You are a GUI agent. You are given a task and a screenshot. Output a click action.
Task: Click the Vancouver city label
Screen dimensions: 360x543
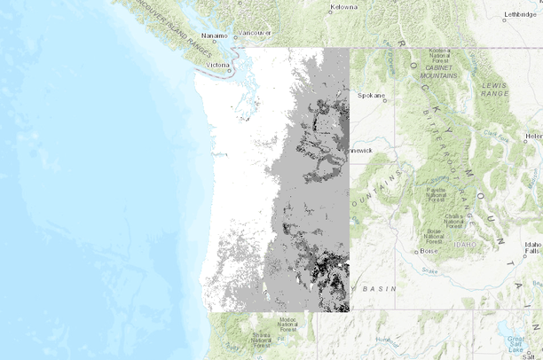255,33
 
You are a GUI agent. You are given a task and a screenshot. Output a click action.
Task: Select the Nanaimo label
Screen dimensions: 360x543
215,36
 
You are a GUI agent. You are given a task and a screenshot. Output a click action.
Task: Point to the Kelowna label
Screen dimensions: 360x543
343,7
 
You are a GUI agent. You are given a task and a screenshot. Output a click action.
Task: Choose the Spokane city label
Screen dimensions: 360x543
371,94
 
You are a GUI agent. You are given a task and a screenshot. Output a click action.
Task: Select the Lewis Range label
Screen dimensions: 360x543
493,88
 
